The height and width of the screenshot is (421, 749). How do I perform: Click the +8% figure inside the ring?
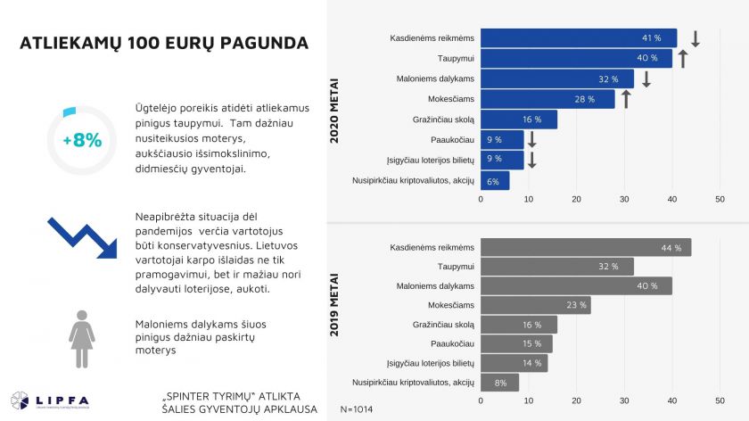click(82, 140)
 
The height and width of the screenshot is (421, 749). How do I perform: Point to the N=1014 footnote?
click(358, 409)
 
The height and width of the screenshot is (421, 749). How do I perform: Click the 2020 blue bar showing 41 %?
click(578, 38)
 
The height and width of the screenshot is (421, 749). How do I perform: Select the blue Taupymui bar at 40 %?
click(576, 58)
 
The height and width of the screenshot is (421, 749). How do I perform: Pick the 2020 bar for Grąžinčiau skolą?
click(518, 120)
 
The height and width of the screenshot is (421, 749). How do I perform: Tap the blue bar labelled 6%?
click(495, 181)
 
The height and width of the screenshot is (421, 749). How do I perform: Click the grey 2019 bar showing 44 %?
click(585, 248)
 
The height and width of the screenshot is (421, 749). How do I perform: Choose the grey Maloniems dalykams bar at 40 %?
click(576, 286)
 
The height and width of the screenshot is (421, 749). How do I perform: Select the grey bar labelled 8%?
click(499, 383)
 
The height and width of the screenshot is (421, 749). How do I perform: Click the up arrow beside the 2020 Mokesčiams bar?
click(626, 99)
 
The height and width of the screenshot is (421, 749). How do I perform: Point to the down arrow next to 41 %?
click(695, 38)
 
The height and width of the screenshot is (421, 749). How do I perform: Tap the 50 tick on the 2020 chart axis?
click(720, 199)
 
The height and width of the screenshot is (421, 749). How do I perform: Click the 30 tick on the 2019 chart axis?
click(624, 400)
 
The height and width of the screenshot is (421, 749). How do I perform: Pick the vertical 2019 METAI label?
click(334, 311)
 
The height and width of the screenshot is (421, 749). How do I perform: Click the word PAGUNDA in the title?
click(263, 42)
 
